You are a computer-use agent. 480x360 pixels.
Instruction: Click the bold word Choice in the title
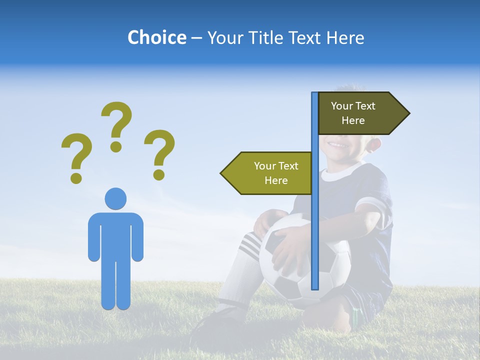click(x=156, y=37)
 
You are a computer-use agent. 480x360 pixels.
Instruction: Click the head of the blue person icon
click(x=115, y=198)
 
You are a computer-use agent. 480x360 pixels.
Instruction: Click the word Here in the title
click(x=345, y=37)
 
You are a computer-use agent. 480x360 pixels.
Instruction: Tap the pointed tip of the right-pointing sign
click(x=407, y=113)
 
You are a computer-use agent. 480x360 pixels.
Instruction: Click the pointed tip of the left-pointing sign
click(x=223, y=173)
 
